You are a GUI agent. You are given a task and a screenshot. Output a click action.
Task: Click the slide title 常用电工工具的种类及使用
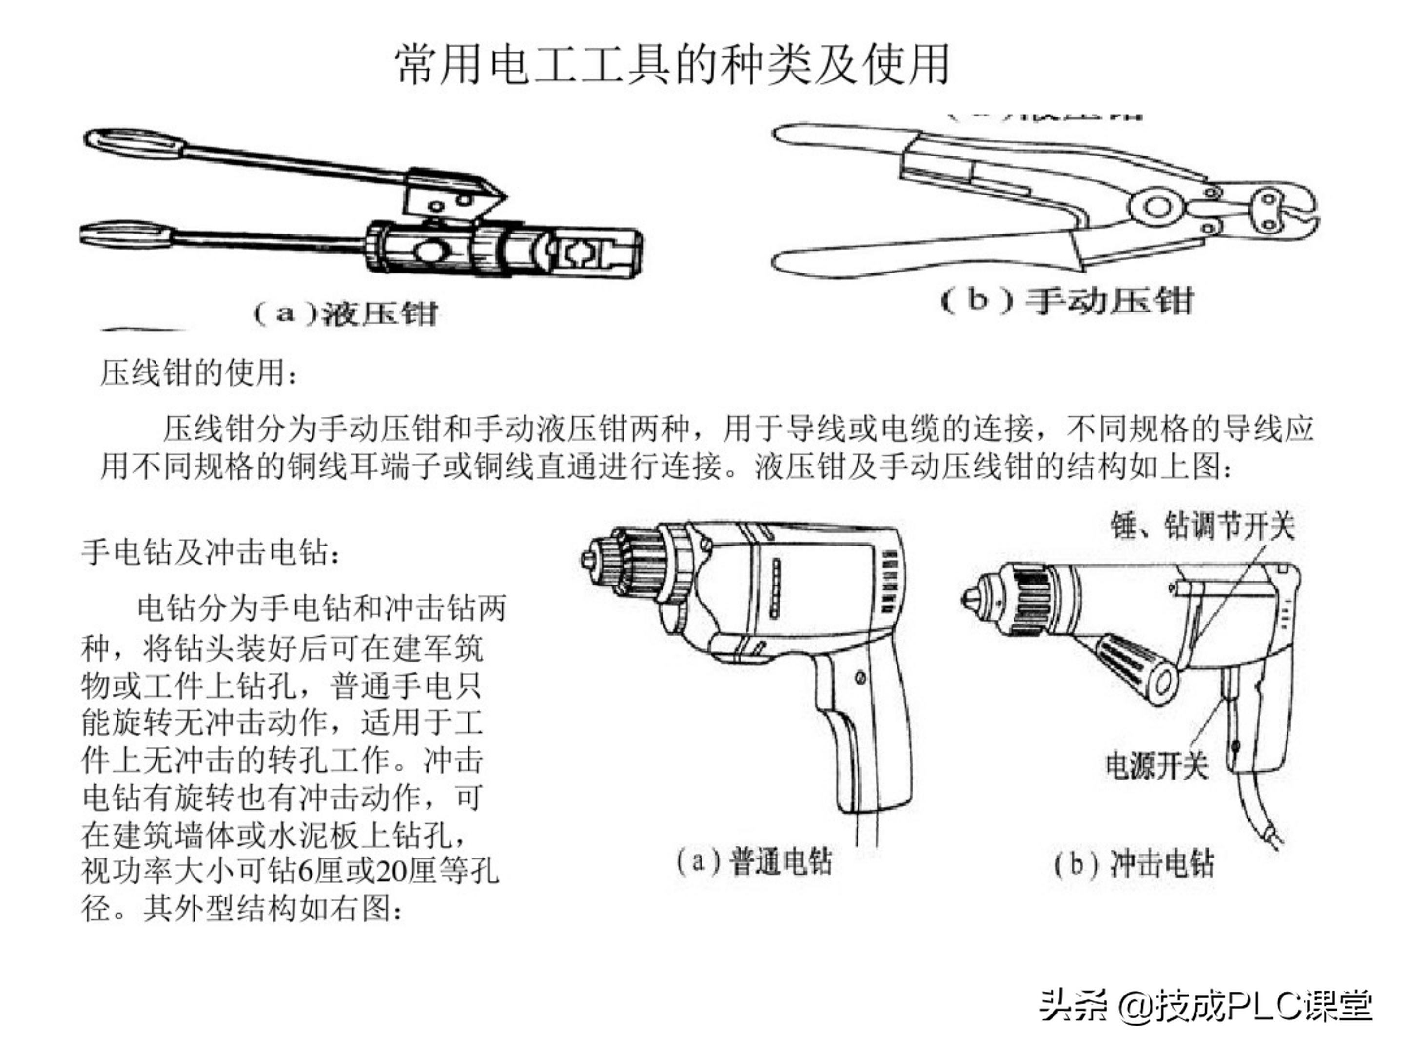673,64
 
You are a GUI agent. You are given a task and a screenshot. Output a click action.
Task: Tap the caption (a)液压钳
346,313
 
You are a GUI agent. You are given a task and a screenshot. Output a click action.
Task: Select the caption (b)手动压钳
1066,300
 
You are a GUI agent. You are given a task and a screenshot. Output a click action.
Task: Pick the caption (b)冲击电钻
1134,864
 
